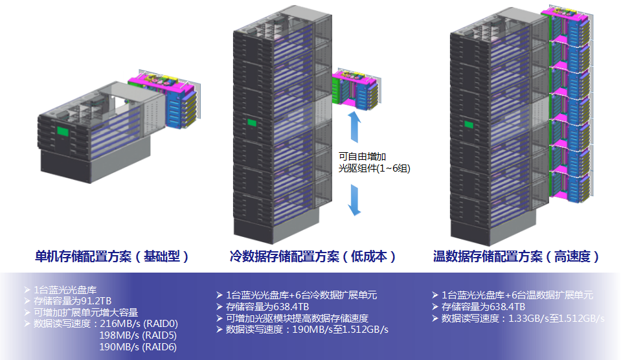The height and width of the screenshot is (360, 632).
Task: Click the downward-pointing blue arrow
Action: click(x=355, y=198)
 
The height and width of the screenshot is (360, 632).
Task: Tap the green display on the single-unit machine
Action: click(x=63, y=132)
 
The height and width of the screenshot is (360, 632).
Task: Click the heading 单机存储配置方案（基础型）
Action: click(x=113, y=256)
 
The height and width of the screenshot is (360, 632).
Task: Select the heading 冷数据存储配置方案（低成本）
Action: click(x=313, y=256)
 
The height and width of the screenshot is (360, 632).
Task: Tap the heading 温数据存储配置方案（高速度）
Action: click(x=516, y=256)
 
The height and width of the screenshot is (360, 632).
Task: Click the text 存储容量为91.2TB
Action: click(x=73, y=301)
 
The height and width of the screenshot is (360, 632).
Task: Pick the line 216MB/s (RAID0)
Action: click(x=139, y=324)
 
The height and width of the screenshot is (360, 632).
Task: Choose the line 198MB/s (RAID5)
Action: click(x=138, y=335)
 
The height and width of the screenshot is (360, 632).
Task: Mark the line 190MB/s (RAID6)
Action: click(x=138, y=347)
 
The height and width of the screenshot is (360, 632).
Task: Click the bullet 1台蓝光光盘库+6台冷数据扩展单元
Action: click(x=301, y=295)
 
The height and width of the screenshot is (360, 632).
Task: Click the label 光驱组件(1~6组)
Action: click(x=374, y=168)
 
